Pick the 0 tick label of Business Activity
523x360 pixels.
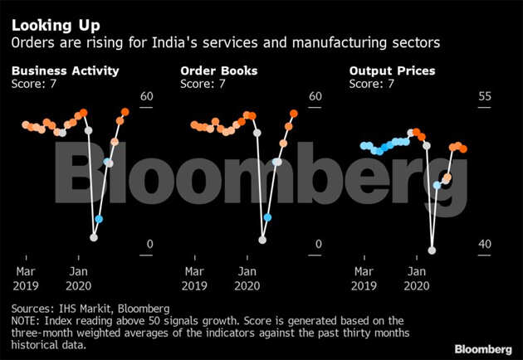150,244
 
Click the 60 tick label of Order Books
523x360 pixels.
315,97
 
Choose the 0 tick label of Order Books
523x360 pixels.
319,244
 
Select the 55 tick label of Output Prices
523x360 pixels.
484,97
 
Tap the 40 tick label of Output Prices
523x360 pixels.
484,244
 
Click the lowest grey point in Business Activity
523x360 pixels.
94,237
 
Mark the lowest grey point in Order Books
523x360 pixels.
262,240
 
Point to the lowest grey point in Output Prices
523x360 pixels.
432,248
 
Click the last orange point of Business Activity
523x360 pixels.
125,112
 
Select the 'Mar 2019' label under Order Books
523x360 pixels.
195,278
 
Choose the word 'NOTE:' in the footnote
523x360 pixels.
28,320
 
